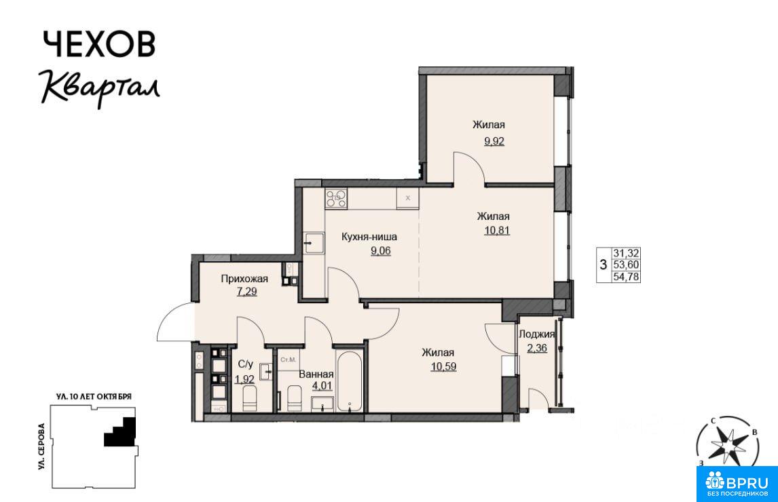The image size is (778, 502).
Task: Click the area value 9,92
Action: click(494, 141)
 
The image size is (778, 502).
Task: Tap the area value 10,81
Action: click(497, 230)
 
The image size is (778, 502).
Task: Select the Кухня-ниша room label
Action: click(369, 237)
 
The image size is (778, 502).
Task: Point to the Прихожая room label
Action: click(244, 279)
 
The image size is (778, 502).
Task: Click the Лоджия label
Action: click(536, 334)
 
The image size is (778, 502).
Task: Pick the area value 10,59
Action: click(443, 366)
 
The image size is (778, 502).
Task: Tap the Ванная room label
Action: click(316, 374)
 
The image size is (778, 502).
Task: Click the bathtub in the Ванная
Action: click(350, 381)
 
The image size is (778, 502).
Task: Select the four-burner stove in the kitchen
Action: click(336, 198)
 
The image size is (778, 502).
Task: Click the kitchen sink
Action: click(314, 243)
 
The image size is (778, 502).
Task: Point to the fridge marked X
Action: click(408, 198)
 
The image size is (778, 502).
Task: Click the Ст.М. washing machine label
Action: click(289, 359)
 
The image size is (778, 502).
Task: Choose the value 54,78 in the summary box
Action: click(626, 277)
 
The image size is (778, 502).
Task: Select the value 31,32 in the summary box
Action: click(626, 253)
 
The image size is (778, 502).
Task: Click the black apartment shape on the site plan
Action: click(121, 432)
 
